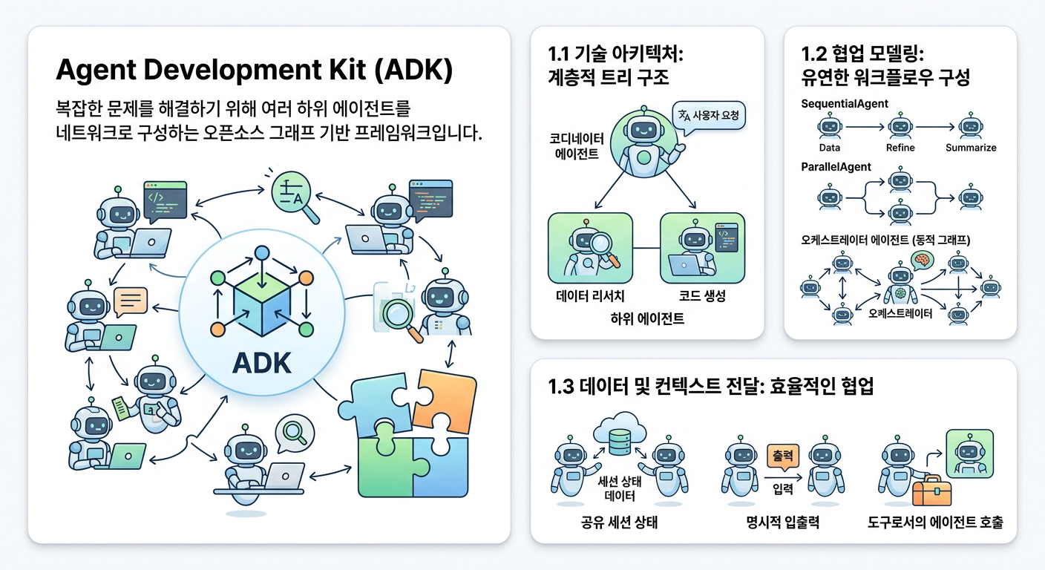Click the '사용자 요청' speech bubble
[x=710, y=116]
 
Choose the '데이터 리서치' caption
[x=590, y=296]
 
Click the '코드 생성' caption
[x=702, y=296]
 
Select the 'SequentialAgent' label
[x=845, y=104]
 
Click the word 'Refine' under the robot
[x=900, y=148]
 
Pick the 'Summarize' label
[x=971, y=148]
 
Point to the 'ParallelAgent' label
[x=836, y=167]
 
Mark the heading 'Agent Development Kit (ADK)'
[x=255, y=73]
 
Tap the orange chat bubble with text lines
[x=131, y=301]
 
